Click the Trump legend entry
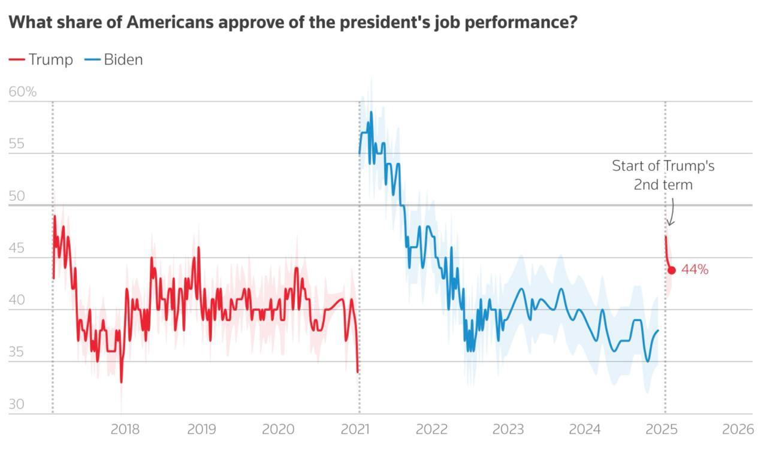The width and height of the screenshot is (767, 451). pyautogui.click(x=41, y=59)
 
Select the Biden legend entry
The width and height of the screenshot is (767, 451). pyautogui.click(x=114, y=59)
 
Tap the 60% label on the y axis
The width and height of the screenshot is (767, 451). pyautogui.click(x=23, y=92)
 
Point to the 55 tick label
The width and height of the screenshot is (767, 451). pyautogui.click(x=16, y=144)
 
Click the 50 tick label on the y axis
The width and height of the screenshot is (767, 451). pyautogui.click(x=17, y=196)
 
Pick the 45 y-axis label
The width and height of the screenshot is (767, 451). pyautogui.click(x=16, y=248)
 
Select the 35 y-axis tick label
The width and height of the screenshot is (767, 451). pyautogui.click(x=16, y=352)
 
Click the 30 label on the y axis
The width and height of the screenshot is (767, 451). pyautogui.click(x=16, y=404)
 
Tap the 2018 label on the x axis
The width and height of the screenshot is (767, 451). pyautogui.click(x=125, y=429)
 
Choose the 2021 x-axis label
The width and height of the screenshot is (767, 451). pyautogui.click(x=355, y=429)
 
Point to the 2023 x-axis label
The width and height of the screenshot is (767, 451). pyautogui.click(x=508, y=429)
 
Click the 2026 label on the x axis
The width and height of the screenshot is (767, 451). pyautogui.click(x=738, y=429)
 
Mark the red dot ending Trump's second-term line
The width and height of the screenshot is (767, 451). pyautogui.click(x=672, y=270)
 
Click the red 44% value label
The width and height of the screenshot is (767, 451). pyautogui.click(x=694, y=270)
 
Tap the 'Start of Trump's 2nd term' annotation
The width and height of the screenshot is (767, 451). pyautogui.click(x=663, y=175)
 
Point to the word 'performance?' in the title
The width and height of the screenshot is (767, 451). pyautogui.click(x=512, y=23)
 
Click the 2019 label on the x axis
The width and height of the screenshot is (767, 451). pyautogui.click(x=202, y=429)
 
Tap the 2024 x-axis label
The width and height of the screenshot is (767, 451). pyautogui.click(x=585, y=429)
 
